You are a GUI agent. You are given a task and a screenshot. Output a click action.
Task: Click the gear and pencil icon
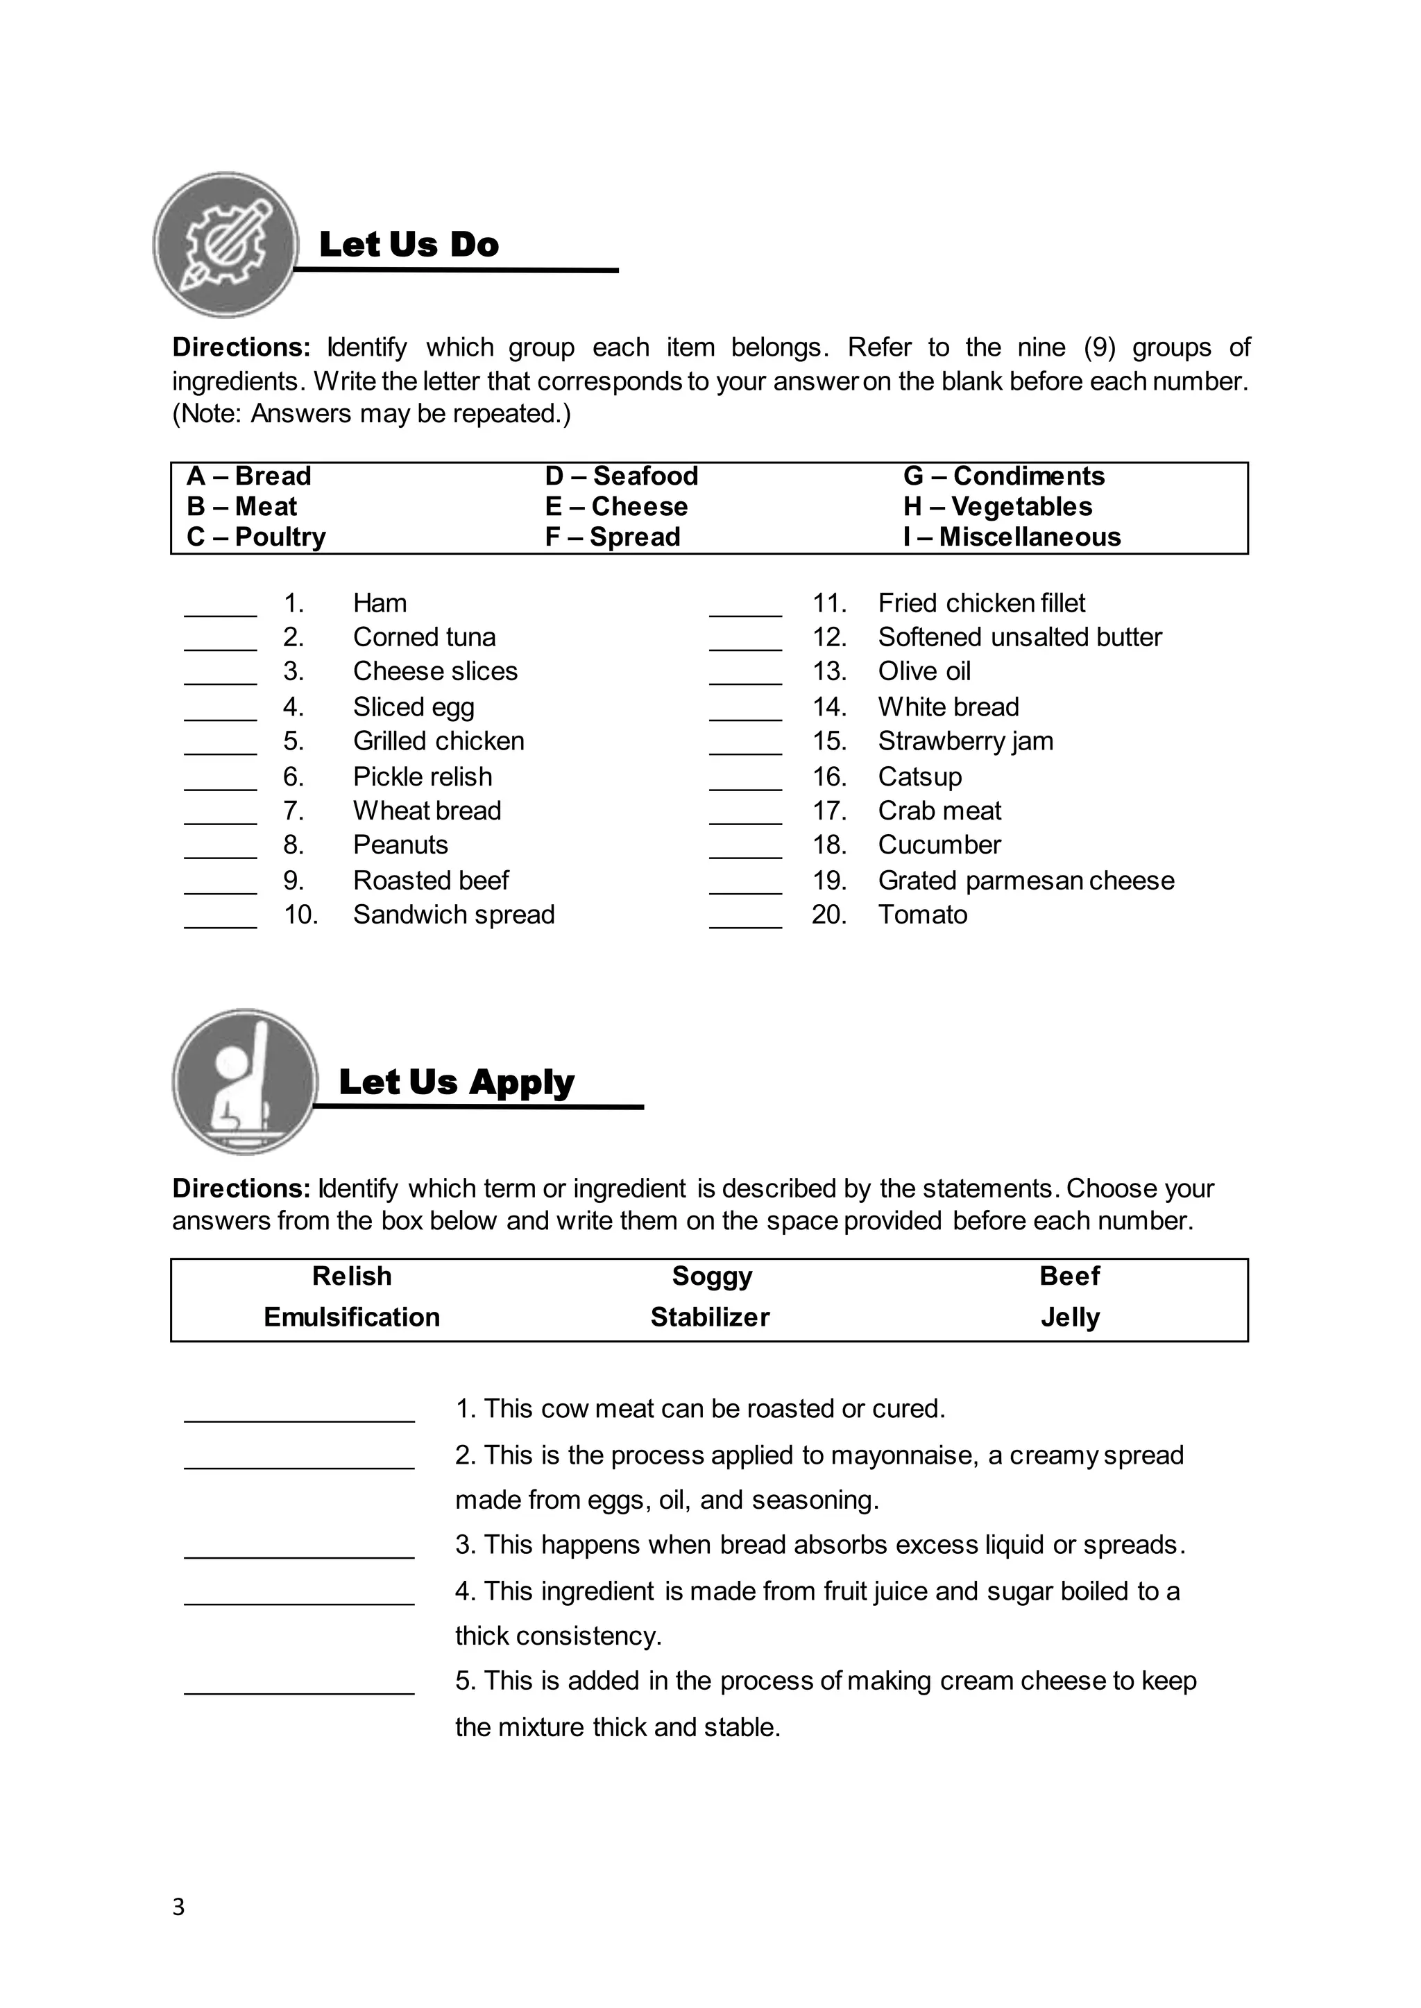coord(226,244)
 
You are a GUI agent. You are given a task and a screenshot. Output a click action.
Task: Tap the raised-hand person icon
coord(244,1081)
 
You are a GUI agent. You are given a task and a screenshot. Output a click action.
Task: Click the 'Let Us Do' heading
coord(409,245)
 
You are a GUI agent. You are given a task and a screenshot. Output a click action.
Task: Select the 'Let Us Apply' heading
coord(456,1082)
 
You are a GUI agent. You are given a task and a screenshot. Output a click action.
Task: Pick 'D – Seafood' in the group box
coord(621,476)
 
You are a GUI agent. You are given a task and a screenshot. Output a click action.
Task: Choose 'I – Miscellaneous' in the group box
coord(1012,537)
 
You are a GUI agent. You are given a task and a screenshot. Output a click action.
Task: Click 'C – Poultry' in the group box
coord(256,537)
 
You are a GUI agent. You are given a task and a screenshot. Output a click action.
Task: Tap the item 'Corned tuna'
coord(425,638)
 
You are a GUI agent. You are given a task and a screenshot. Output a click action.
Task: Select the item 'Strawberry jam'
coord(965,742)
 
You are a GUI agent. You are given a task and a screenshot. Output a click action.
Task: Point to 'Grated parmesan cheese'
coord(1026,881)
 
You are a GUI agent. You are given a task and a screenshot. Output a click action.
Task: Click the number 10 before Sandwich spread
coord(300,915)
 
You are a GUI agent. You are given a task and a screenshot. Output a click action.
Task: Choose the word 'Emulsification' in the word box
coord(352,1317)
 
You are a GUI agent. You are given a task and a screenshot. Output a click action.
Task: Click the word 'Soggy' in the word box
coord(711,1276)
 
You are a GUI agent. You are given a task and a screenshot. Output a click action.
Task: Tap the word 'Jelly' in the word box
coord(1069,1317)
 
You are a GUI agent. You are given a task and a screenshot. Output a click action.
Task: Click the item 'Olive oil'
coord(924,672)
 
